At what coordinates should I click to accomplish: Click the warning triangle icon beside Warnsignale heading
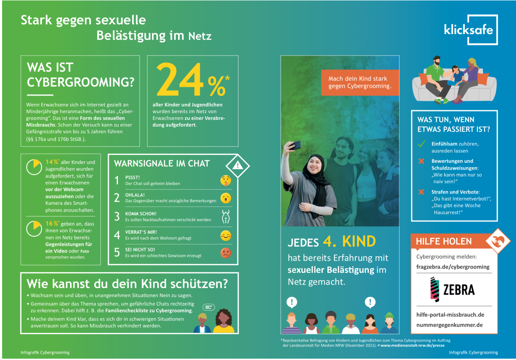238,166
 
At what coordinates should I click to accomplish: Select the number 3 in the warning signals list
117,216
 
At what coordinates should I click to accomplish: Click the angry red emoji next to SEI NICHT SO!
225,253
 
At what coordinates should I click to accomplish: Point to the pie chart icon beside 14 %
34,167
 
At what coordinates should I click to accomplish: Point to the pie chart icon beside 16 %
34,229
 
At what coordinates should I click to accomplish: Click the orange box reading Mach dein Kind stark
360,82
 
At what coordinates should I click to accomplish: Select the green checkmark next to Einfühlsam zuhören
421,144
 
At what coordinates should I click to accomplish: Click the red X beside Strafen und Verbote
421,192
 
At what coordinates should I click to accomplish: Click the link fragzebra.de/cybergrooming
453,267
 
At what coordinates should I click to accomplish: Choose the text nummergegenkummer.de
449,325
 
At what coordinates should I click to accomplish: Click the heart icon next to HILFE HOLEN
498,241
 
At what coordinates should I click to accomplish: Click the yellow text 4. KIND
349,241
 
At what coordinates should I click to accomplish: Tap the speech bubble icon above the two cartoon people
209,307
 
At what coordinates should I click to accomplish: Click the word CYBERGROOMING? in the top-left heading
81,82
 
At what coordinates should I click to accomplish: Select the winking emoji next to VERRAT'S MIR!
225,235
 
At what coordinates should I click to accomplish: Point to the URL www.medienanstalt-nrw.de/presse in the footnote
412,345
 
